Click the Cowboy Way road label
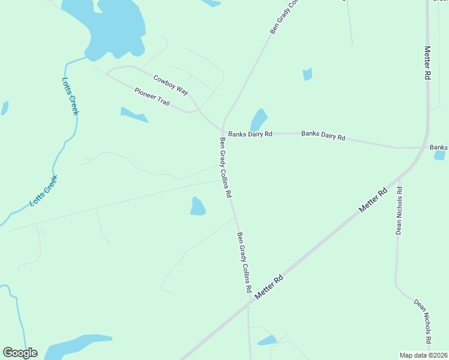pos(171,85)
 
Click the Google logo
pos(20,353)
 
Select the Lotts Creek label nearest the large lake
pos(70,96)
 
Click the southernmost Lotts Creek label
pos(44,191)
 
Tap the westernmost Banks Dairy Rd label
pos(250,134)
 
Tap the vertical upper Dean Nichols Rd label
pos(399,210)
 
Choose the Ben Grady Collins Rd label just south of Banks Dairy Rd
pos(225,168)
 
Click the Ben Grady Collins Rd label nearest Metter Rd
pos(244,262)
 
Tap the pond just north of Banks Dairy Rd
pos(259,119)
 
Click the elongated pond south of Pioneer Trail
pos(134,115)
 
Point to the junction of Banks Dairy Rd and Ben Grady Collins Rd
pos(224,133)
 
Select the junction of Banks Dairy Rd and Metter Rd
pos(425,147)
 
